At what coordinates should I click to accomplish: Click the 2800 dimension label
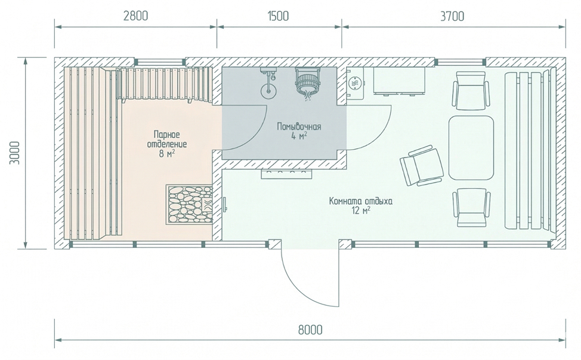click(135, 16)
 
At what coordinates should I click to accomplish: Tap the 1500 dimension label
click(277, 16)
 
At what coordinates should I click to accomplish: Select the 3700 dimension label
click(452, 16)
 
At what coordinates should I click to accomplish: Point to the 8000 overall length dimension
click(310, 330)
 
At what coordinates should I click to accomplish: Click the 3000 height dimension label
click(15, 153)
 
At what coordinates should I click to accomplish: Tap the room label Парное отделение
click(167, 139)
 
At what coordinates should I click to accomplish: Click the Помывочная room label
click(299, 127)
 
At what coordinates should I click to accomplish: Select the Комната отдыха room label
click(361, 201)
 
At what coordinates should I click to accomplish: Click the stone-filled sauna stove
click(189, 204)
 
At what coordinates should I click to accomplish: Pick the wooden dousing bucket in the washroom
click(307, 83)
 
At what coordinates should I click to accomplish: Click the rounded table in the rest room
click(471, 147)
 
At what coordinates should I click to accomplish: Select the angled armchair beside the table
click(422, 165)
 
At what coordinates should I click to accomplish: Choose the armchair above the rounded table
click(471, 91)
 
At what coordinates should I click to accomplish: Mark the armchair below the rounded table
click(471, 207)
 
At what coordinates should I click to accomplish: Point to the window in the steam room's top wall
click(160, 62)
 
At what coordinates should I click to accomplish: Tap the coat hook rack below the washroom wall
click(287, 174)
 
